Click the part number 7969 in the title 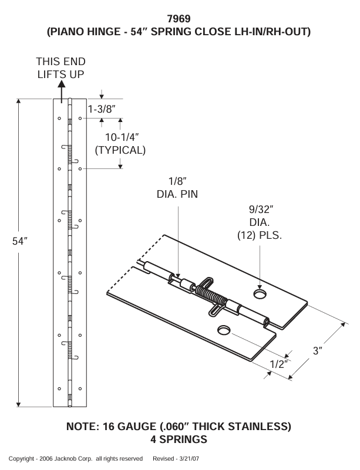click(179, 19)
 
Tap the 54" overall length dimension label click(20, 242)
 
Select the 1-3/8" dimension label click(101, 109)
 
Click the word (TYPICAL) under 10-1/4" click(120, 150)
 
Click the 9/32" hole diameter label click(260, 210)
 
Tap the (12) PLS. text click(260, 236)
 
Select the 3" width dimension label click(318, 351)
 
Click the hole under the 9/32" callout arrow click(260, 292)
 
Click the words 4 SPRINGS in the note click(179, 439)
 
